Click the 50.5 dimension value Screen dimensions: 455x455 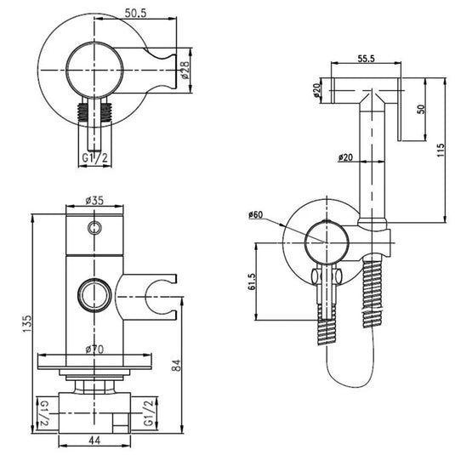click(135, 13)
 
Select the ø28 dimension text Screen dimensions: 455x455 click(185, 71)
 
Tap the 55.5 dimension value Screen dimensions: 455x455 click(366, 59)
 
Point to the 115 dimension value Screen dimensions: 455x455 click(441, 150)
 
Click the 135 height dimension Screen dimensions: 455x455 click(27, 323)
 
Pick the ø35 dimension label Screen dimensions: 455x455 click(94, 201)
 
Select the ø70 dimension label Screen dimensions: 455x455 click(94, 350)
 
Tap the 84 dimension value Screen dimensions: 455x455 click(176, 365)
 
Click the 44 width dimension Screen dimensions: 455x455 click(94, 441)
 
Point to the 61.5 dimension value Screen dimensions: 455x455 click(251, 282)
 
